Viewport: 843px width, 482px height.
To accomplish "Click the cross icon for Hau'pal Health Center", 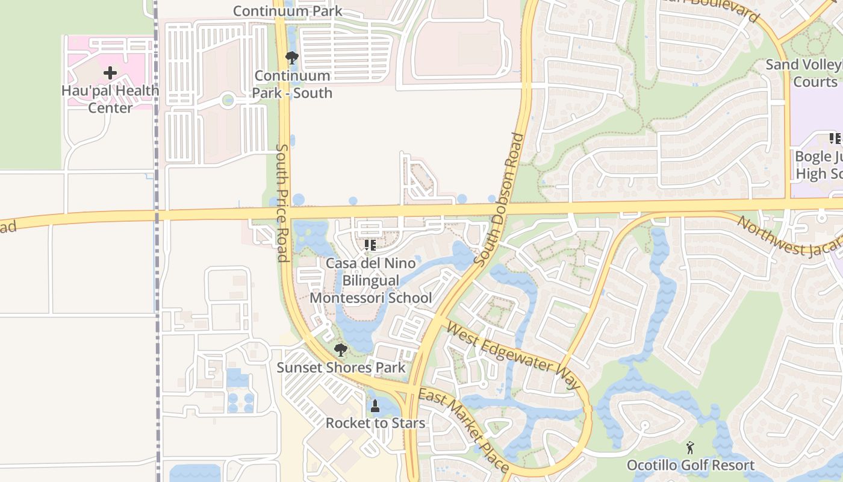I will (x=110, y=73).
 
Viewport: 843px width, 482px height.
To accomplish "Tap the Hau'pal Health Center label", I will (x=110, y=99).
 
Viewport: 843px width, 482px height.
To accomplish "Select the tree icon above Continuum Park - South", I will (x=292, y=58).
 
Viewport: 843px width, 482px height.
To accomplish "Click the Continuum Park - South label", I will (x=292, y=84).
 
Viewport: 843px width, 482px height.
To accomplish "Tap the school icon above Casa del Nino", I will (x=370, y=245).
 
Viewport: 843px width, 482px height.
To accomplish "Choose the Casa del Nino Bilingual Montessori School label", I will (x=370, y=281).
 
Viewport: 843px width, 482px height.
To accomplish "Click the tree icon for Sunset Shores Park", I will (x=341, y=350).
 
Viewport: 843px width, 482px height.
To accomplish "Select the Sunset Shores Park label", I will (x=341, y=368).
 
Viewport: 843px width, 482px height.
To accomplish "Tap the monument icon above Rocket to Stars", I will (x=375, y=406).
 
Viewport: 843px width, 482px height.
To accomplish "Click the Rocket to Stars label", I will (x=375, y=423).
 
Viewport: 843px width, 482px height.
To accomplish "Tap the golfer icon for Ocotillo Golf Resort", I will (x=690, y=448).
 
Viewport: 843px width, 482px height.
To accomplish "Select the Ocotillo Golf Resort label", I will (x=690, y=465).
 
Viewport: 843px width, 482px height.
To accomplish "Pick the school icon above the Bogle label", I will (x=835, y=139).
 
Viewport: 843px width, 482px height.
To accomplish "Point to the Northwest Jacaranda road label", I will (x=789, y=236).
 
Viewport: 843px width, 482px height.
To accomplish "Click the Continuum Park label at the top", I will (x=287, y=11).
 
